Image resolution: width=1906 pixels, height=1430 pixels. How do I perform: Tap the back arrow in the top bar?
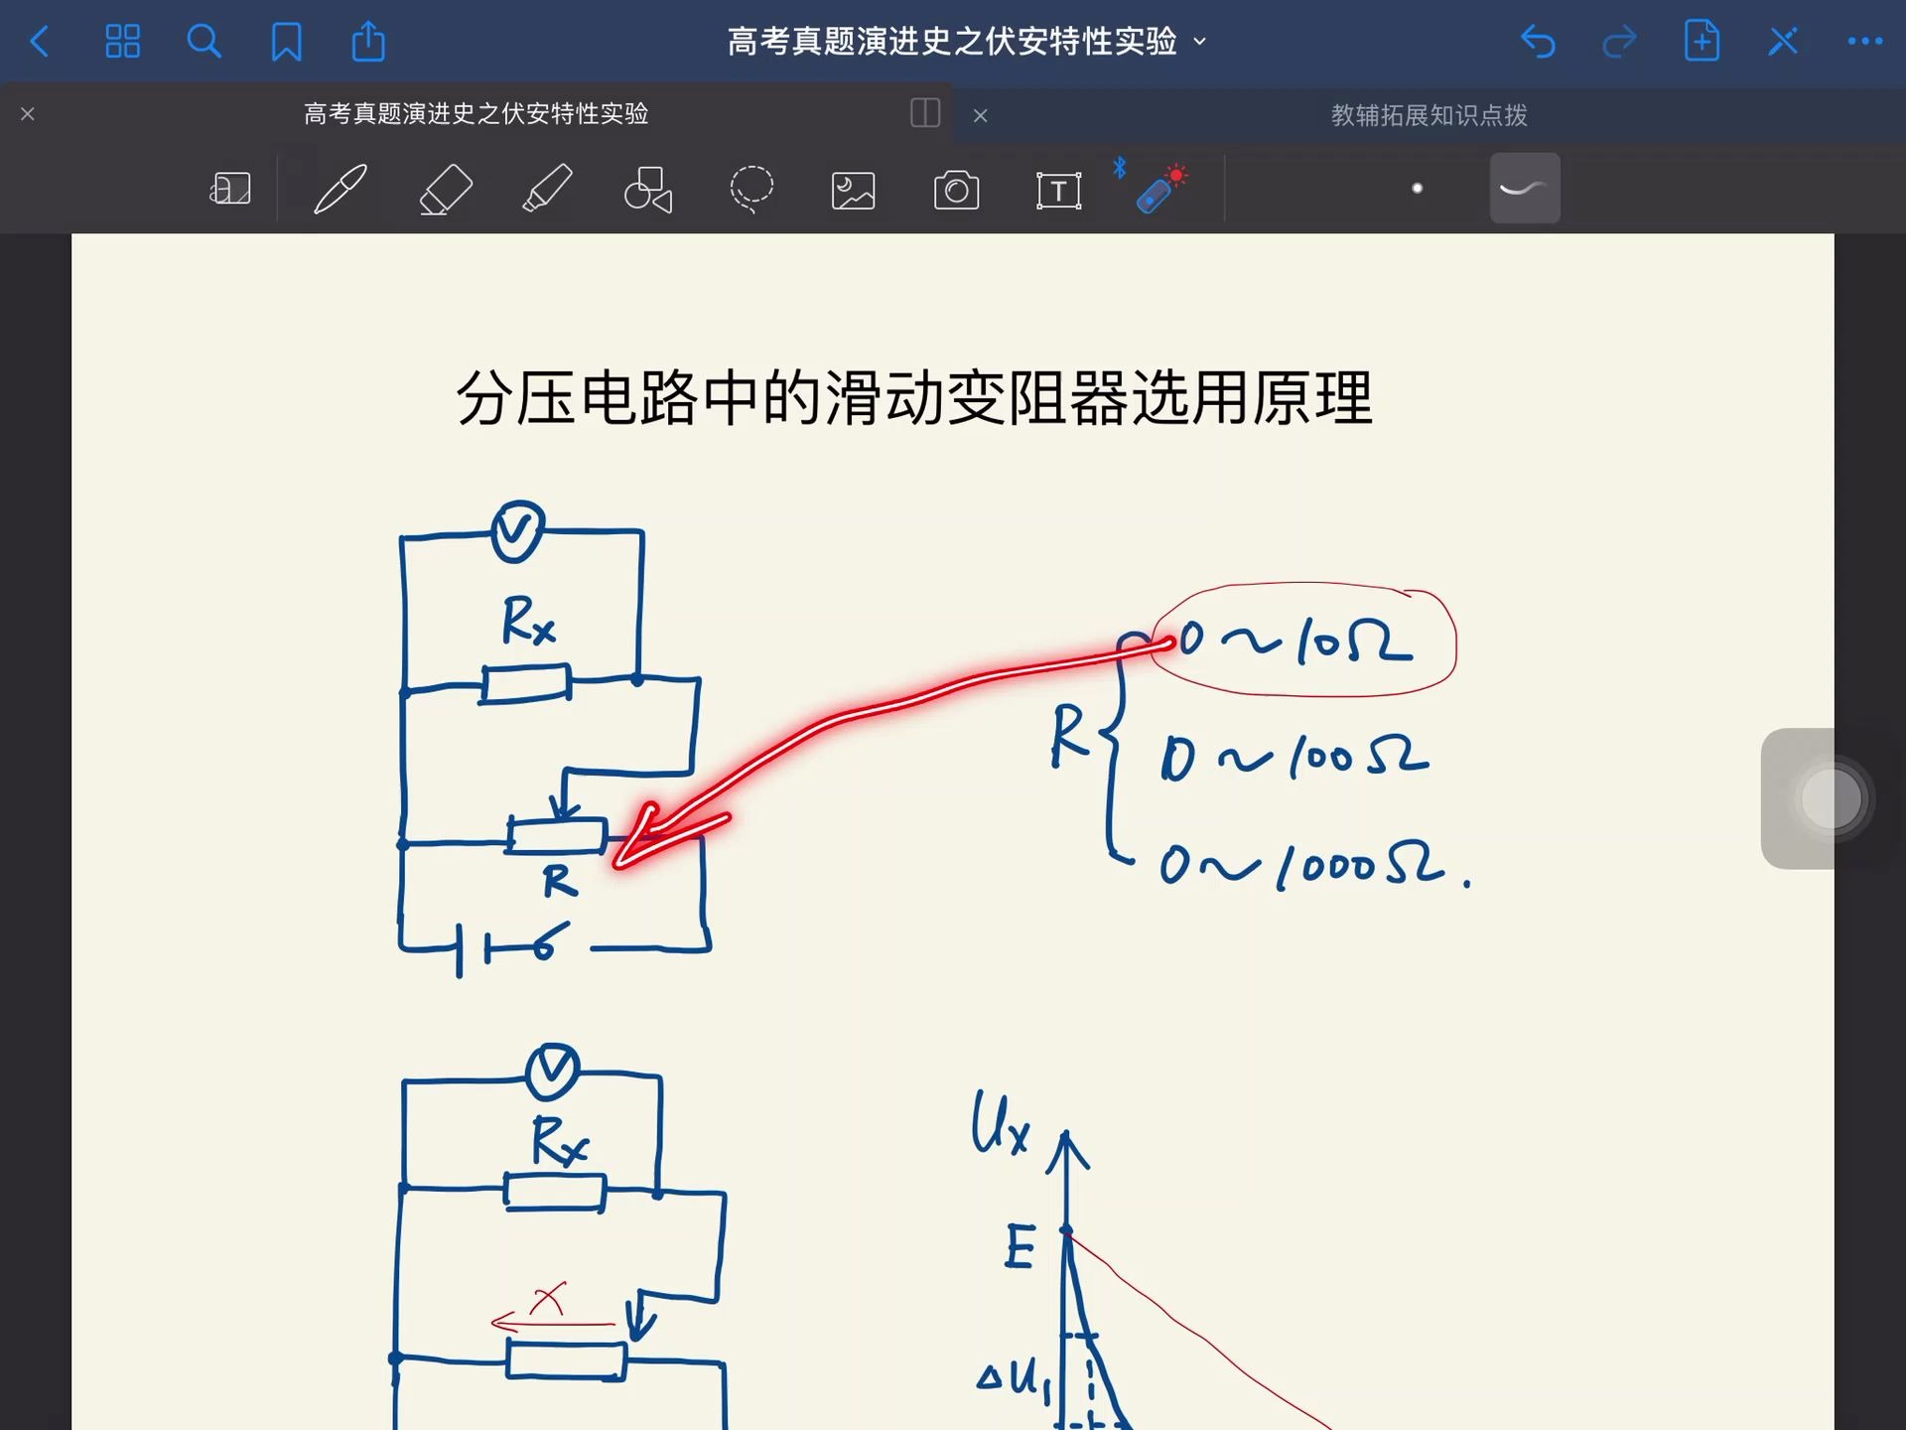click(40, 42)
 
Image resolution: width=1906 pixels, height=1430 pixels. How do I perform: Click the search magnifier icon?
click(204, 42)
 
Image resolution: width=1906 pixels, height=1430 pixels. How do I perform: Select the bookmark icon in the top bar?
click(286, 42)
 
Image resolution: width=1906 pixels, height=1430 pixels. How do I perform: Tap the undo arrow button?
click(1538, 42)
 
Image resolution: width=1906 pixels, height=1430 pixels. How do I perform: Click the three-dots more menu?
click(1864, 42)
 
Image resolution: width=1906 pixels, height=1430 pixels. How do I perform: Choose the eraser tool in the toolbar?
click(445, 189)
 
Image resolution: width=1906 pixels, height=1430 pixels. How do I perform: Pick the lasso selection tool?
click(751, 189)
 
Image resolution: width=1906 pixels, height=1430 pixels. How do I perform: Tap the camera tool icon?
click(956, 190)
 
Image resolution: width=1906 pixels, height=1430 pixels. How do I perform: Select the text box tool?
click(1058, 190)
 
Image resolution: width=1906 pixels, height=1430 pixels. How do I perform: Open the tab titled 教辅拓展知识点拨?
click(1428, 115)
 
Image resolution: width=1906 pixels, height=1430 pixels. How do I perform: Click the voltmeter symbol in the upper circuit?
click(518, 531)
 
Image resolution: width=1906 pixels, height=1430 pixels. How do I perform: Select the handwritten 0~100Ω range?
click(1294, 759)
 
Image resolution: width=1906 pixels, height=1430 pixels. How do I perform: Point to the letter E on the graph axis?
click(1021, 1246)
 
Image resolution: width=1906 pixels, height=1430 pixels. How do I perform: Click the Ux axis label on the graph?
click(999, 1124)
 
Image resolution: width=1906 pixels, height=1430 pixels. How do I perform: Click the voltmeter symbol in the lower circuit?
click(552, 1072)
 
